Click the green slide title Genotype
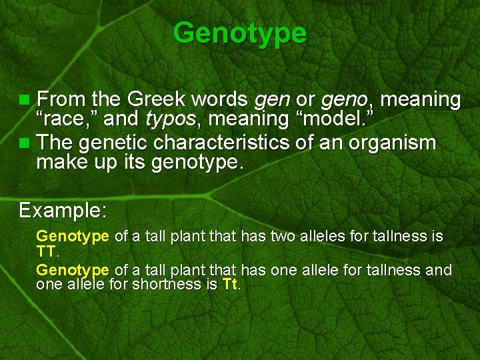(240, 32)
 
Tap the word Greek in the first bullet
(158, 100)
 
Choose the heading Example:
(62, 211)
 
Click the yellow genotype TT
(47, 251)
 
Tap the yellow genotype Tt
(229, 285)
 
